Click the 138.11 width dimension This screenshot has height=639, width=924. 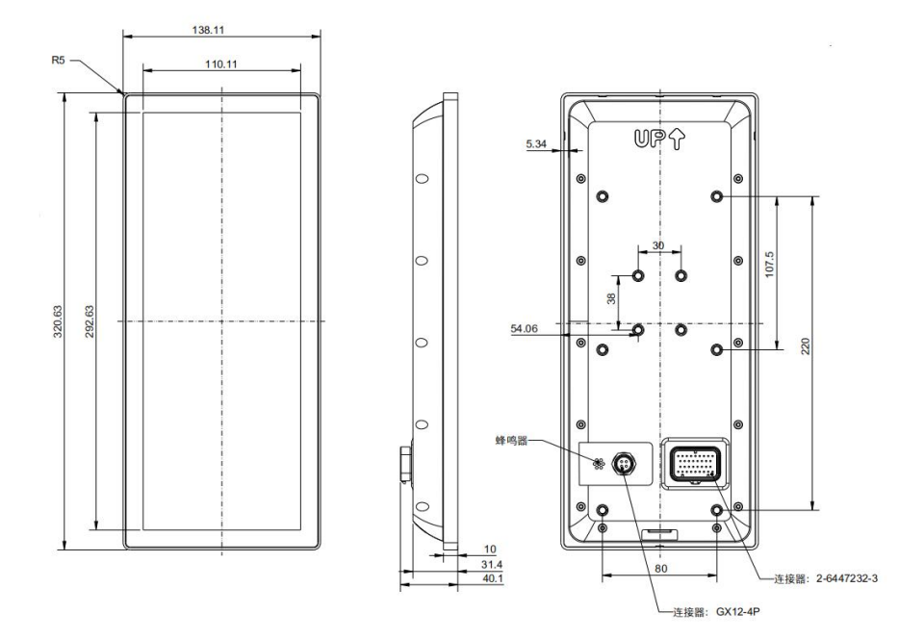pos(208,30)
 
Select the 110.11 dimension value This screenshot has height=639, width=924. pos(221,64)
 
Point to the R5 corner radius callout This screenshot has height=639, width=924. pos(58,60)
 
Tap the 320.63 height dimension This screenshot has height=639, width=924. pos(58,321)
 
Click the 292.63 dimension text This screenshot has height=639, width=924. pos(90,321)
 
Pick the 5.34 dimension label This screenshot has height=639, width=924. pos(536,143)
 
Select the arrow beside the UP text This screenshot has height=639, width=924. pos(677,139)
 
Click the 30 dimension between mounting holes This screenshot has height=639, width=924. pos(658,245)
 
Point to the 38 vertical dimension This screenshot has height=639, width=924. pos(612,298)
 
